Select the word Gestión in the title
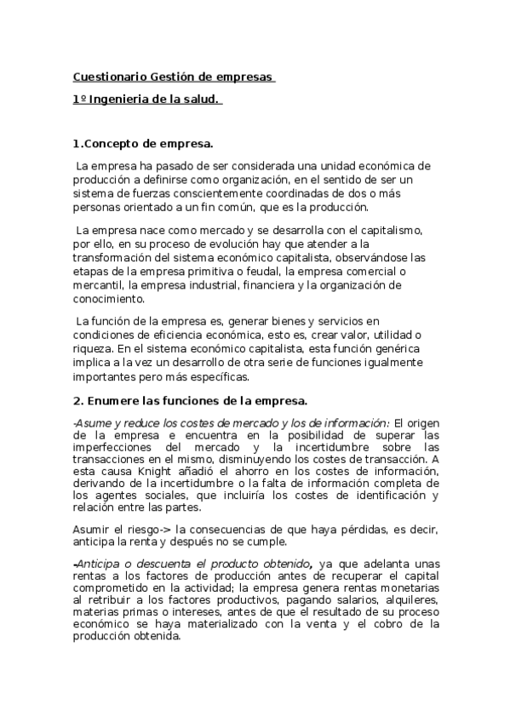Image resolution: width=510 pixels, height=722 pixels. coord(174,77)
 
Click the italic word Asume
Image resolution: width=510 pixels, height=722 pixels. coord(91,423)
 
